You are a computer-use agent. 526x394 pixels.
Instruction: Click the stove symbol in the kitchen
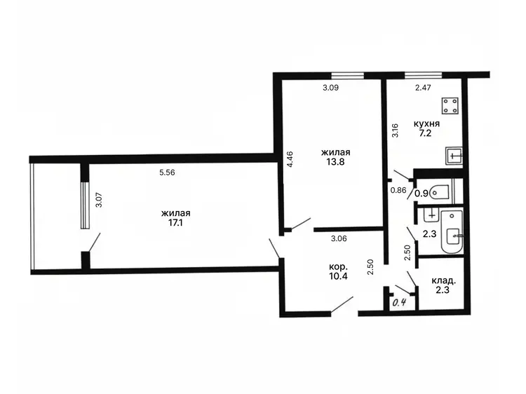(x=450, y=105)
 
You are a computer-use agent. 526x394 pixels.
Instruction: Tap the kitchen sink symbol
(x=454, y=156)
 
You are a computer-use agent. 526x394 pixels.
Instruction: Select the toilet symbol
(x=441, y=193)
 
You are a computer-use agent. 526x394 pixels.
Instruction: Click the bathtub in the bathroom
(x=452, y=231)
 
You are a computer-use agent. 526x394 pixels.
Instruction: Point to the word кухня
(x=426, y=123)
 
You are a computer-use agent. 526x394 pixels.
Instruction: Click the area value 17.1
(x=175, y=223)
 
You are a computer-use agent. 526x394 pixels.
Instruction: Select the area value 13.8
(x=335, y=162)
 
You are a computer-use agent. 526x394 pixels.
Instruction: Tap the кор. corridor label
(x=338, y=267)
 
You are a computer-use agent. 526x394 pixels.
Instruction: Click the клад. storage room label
(x=443, y=280)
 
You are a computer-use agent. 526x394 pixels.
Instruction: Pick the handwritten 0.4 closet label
(x=400, y=302)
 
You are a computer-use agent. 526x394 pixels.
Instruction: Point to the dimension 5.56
(x=167, y=172)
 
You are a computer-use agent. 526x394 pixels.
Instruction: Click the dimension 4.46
(x=290, y=159)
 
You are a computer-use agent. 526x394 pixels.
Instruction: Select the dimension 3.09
(x=331, y=88)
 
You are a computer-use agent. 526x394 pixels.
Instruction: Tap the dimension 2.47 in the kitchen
(x=423, y=88)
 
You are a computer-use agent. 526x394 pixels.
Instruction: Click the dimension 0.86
(x=398, y=190)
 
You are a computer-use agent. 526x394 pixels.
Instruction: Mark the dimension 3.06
(x=339, y=239)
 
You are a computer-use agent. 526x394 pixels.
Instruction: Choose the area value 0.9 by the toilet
(x=422, y=193)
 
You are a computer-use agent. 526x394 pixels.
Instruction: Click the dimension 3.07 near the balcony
(x=99, y=200)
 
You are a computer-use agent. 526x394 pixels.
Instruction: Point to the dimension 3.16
(x=396, y=130)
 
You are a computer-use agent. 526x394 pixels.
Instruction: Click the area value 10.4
(x=338, y=276)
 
